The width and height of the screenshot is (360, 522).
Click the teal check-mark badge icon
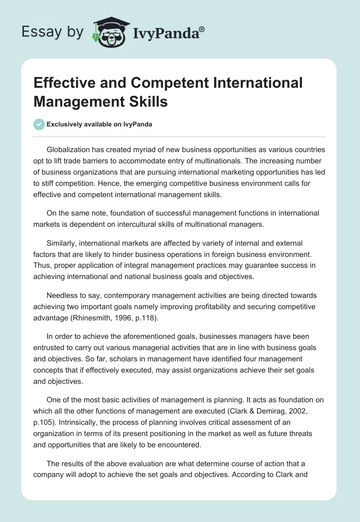click(39, 124)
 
